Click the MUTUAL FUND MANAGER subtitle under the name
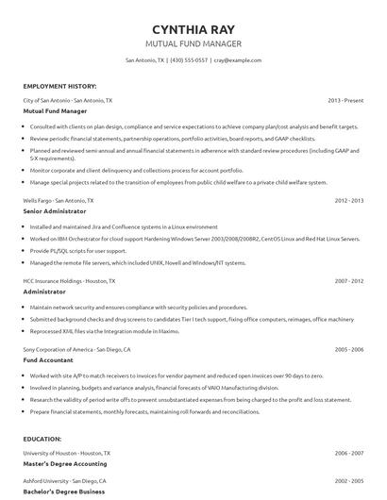[193, 43]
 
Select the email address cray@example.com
[237, 59]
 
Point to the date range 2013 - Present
[345, 99]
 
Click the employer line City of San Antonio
[67, 99]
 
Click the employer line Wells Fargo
[59, 201]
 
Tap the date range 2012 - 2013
[348, 201]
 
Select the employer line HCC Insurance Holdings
[69, 281]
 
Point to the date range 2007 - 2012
[348, 281]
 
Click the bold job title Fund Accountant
[53, 360]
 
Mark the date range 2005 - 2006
[348, 350]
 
